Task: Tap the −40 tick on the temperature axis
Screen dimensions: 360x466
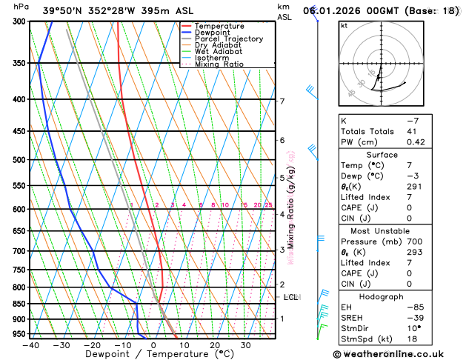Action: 30,344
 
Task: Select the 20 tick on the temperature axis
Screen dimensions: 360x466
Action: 215,344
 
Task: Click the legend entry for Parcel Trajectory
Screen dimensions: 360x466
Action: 228,39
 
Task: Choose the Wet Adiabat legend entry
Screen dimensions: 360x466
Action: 218,51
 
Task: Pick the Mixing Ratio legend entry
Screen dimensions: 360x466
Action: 219,64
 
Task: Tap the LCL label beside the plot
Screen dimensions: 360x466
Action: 291,297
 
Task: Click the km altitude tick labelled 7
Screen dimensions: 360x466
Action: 282,101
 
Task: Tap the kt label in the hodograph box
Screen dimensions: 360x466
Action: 344,25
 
